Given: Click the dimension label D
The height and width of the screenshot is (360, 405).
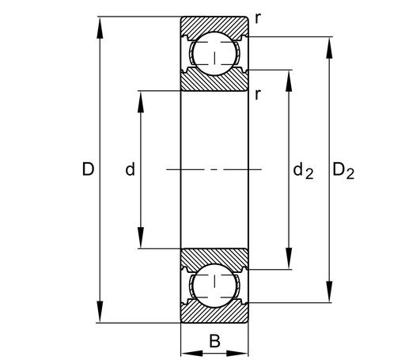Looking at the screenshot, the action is point(88,169).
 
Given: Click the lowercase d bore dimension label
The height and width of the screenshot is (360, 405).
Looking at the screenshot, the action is point(130,169).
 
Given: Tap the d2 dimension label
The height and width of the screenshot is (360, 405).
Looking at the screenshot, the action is point(303,171).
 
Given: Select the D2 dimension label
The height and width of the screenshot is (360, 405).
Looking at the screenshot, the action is point(343,171).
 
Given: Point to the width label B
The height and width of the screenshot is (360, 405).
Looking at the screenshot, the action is point(214,341).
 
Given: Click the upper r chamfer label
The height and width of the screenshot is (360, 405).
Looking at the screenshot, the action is point(258,18).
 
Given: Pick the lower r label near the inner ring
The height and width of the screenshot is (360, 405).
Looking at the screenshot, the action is point(258,94).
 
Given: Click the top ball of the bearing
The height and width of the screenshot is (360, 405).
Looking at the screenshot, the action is point(214,54).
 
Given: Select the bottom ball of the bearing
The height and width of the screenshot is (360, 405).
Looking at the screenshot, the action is point(214,286).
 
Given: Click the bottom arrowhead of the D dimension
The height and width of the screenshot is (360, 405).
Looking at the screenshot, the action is point(100,312).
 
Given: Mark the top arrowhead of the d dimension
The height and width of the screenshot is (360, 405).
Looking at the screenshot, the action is point(141,102).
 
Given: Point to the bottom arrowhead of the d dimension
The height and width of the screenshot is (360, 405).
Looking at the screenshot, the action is point(141,237).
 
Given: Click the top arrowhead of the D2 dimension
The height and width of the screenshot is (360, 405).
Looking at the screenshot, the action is point(329,47).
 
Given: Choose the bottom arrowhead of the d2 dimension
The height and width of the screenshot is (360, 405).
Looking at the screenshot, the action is point(290,258).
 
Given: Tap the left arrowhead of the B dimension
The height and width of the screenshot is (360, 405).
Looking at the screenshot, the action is point(192,354).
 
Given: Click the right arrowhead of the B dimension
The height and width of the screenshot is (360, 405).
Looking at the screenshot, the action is point(237,354).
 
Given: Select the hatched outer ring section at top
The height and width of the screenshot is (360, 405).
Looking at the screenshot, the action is point(214,25).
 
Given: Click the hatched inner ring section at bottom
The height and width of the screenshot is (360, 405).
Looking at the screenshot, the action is point(214,258).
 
